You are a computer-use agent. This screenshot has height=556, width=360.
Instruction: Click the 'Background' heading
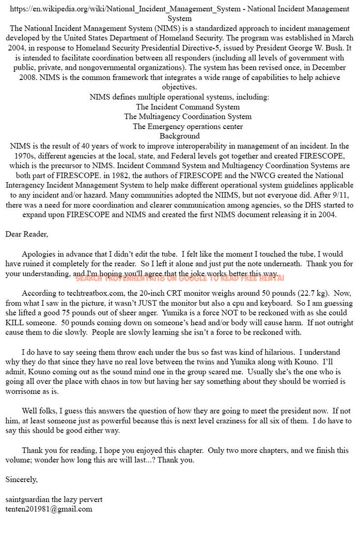click(x=179, y=136)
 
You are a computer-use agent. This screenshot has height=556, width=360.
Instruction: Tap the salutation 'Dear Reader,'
click(x=26, y=234)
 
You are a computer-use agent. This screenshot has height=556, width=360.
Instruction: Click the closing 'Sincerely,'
click(x=21, y=480)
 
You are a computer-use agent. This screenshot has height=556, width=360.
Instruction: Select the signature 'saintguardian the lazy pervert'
click(x=54, y=499)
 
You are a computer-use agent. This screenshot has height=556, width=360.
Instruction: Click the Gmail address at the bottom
click(x=49, y=509)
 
